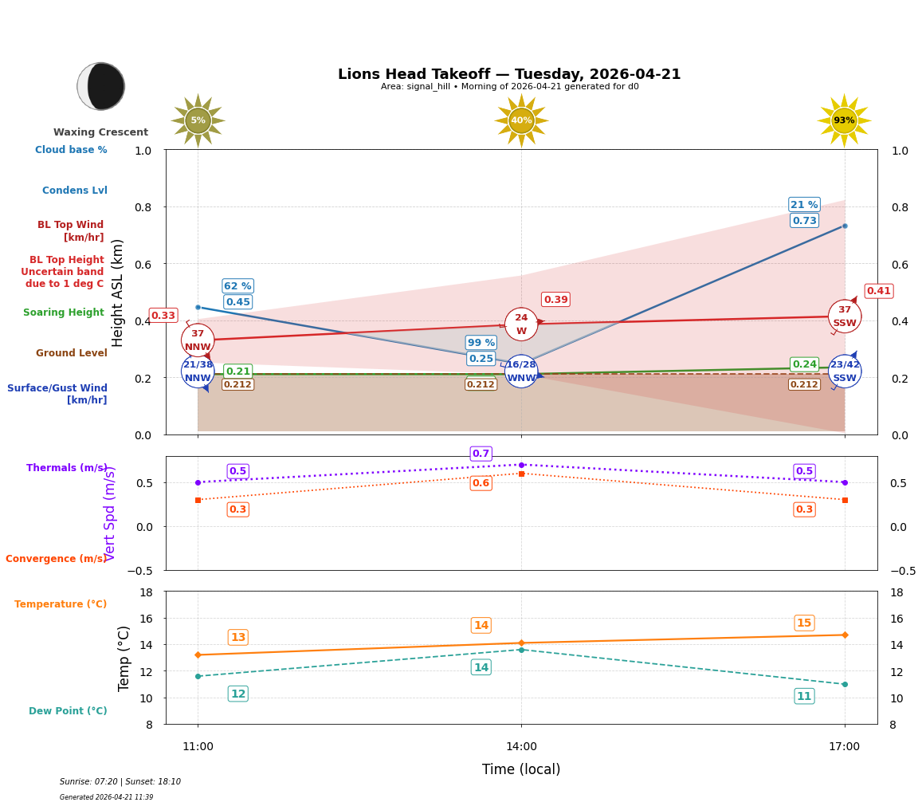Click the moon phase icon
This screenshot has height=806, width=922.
[x=101, y=86]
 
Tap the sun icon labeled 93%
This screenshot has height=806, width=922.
[x=844, y=120]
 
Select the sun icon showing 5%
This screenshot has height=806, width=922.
[x=198, y=120]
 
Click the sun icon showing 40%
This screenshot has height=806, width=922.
[x=521, y=120]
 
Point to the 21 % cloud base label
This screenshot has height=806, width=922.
[x=804, y=205]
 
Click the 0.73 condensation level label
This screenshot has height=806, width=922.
[x=804, y=221]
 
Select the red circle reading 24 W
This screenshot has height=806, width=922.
[x=521, y=324]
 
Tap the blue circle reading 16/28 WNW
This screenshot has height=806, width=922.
[x=521, y=372]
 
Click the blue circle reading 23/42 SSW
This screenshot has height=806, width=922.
[x=845, y=372]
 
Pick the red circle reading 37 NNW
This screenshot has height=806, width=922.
[x=198, y=340]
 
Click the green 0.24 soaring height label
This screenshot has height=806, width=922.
[x=804, y=364]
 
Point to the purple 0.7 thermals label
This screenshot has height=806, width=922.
[x=481, y=454]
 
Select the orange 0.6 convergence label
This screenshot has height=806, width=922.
[x=481, y=483]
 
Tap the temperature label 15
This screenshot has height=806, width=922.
[x=804, y=623]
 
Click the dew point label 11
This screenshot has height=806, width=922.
[x=804, y=697]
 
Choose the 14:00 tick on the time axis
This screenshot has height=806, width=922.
[x=521, y=746]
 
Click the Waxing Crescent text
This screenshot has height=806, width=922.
[x=100, y=132]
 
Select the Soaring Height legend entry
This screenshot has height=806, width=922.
[x=64, y=313]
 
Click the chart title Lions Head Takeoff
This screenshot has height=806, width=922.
[x=509, y=74]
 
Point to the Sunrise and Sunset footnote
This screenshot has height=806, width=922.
[x=120, y=782]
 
